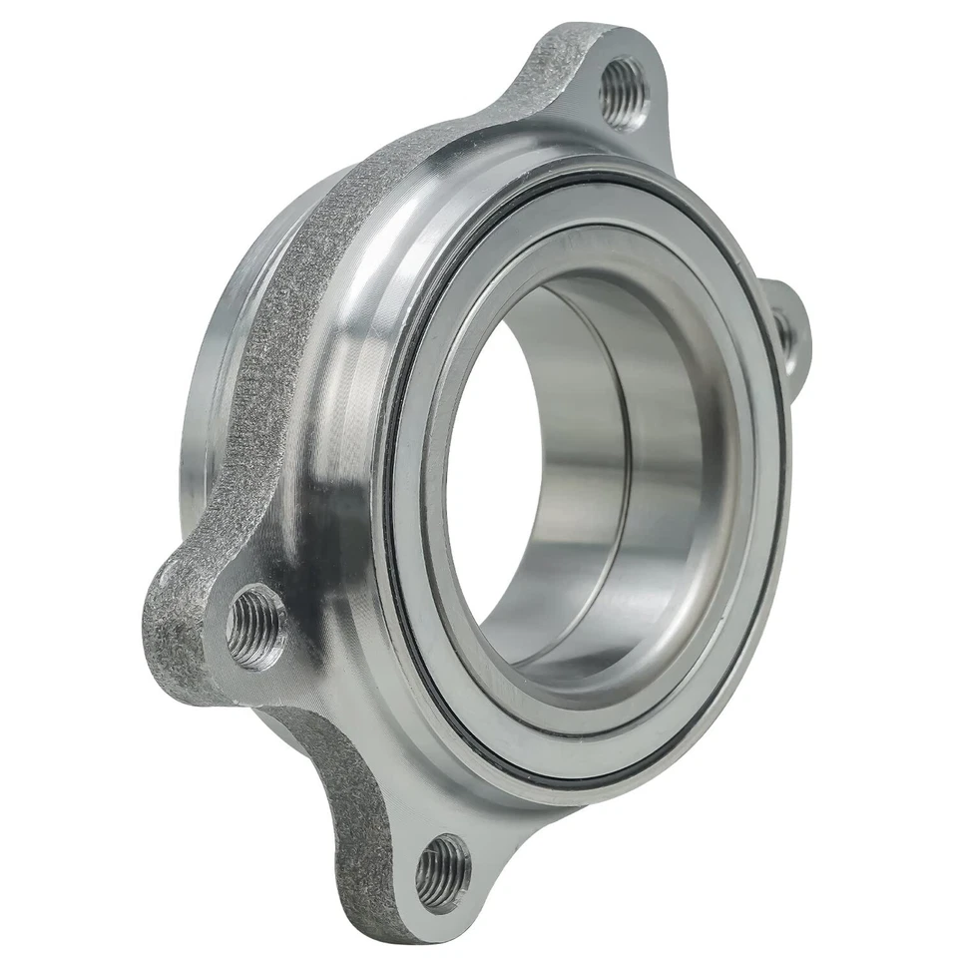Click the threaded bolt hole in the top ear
click(623, 93)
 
